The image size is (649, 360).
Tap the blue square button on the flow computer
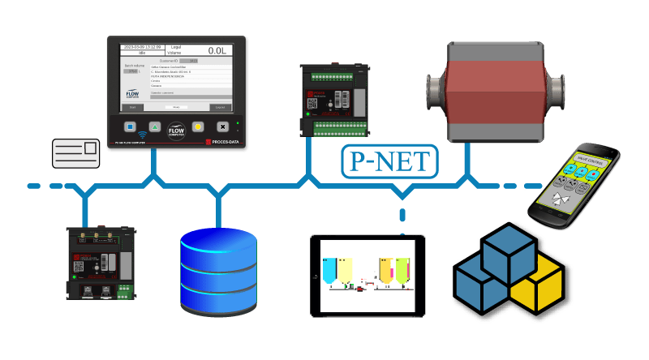coord(130,127)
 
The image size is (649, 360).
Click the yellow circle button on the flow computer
coord(198,127)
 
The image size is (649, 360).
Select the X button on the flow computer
coord(222,127)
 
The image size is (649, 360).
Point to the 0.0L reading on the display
coord(217,50)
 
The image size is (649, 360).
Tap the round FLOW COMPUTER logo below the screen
coord(176,130)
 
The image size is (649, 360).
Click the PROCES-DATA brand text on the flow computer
coord(219,144)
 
